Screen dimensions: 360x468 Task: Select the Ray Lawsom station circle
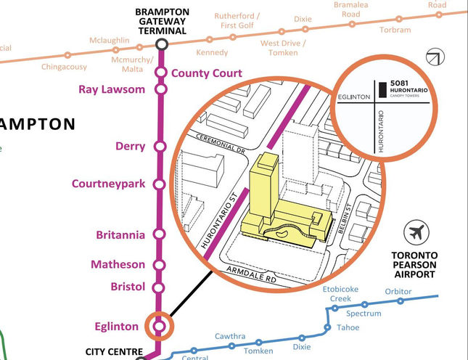pos(160,89)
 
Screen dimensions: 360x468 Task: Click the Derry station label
pos(130,147)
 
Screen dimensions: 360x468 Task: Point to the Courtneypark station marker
pos(160,184)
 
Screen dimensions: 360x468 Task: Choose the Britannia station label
pos(120,235)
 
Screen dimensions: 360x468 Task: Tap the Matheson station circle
pos(160,265)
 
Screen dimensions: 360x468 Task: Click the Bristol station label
pos(128,287)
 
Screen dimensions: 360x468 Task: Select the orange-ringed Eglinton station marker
pos(160,326)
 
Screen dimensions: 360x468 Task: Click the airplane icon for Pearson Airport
pos(416,234)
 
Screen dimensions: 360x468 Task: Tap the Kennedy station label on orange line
pos(212,52)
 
